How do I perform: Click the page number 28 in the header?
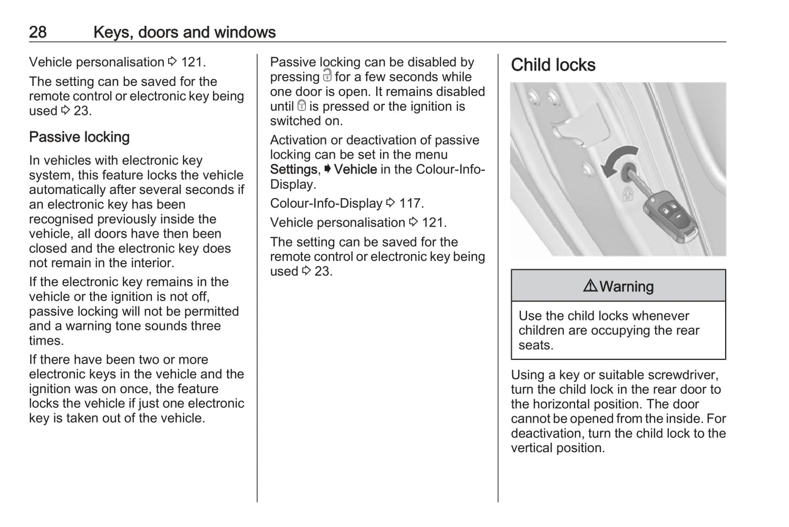[x=38, y=32]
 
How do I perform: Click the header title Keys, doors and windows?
[x=184, y=32]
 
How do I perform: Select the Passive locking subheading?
[x=79, y=137]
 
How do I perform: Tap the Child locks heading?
[x=553, y=65]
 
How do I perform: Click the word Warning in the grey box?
[x=626, y=286]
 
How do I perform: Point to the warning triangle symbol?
[x=590, y=286]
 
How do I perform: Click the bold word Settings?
[x=293, y=169]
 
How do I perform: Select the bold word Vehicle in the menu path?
[x=355, y=169]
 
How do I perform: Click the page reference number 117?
[x=411, y=203]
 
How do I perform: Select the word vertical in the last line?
[x=533, y=448]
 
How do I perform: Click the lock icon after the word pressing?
[x=327, y=75]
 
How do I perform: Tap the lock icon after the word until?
[x=301, y=105]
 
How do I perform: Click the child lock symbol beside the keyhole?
[x=628, y=193]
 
